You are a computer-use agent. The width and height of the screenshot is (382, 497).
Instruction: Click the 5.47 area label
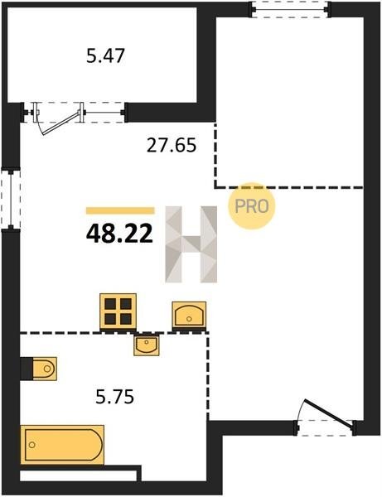pos(105,55)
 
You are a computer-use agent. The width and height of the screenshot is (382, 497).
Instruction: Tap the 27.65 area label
pos(172,146)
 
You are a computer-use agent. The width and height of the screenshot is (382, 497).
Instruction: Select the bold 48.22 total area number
pos(119,234)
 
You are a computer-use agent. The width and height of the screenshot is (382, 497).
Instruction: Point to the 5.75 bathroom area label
pos(114,397)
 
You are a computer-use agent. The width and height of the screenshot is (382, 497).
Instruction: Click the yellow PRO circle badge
pos(252,206)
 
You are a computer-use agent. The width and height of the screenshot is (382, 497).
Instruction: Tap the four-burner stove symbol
pos(118,312)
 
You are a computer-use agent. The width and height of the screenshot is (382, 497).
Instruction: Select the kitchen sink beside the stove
pos(189,316)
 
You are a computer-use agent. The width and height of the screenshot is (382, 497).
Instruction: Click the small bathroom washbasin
pos(146,345)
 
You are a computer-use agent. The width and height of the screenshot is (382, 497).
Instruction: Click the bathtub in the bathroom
pos(62,445)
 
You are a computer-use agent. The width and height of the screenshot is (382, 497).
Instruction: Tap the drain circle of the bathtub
pos(31,445)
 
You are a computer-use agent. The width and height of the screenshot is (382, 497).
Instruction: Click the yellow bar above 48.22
pos(120,210)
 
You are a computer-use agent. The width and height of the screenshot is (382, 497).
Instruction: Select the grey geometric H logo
pos(191,244)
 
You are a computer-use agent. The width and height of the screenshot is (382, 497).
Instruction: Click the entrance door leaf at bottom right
pos(328,413)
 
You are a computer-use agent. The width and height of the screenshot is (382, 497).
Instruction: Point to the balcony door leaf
pos(60,123)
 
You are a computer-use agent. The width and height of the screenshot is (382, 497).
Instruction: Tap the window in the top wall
pos(289,10)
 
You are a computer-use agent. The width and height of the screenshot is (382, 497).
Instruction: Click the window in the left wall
pos(11,200)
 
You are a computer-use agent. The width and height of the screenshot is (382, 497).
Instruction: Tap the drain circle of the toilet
pos(47,369)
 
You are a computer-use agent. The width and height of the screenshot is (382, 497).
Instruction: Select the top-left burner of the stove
pos(110,304)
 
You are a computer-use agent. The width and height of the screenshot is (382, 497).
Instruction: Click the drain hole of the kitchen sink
pos(189,319)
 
